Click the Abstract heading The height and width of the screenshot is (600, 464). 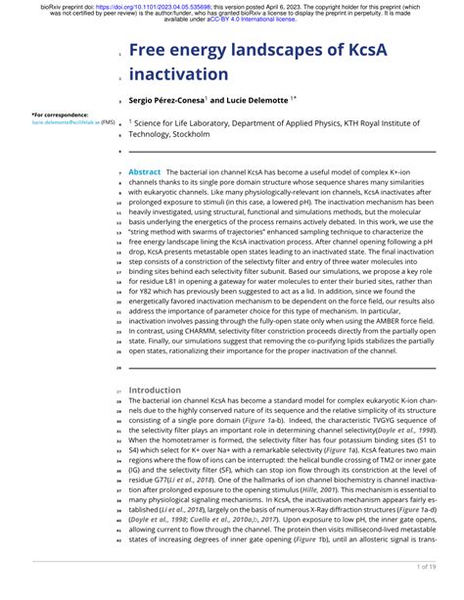(x=145, y=171)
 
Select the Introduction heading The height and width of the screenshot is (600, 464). (x=156, y=389)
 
